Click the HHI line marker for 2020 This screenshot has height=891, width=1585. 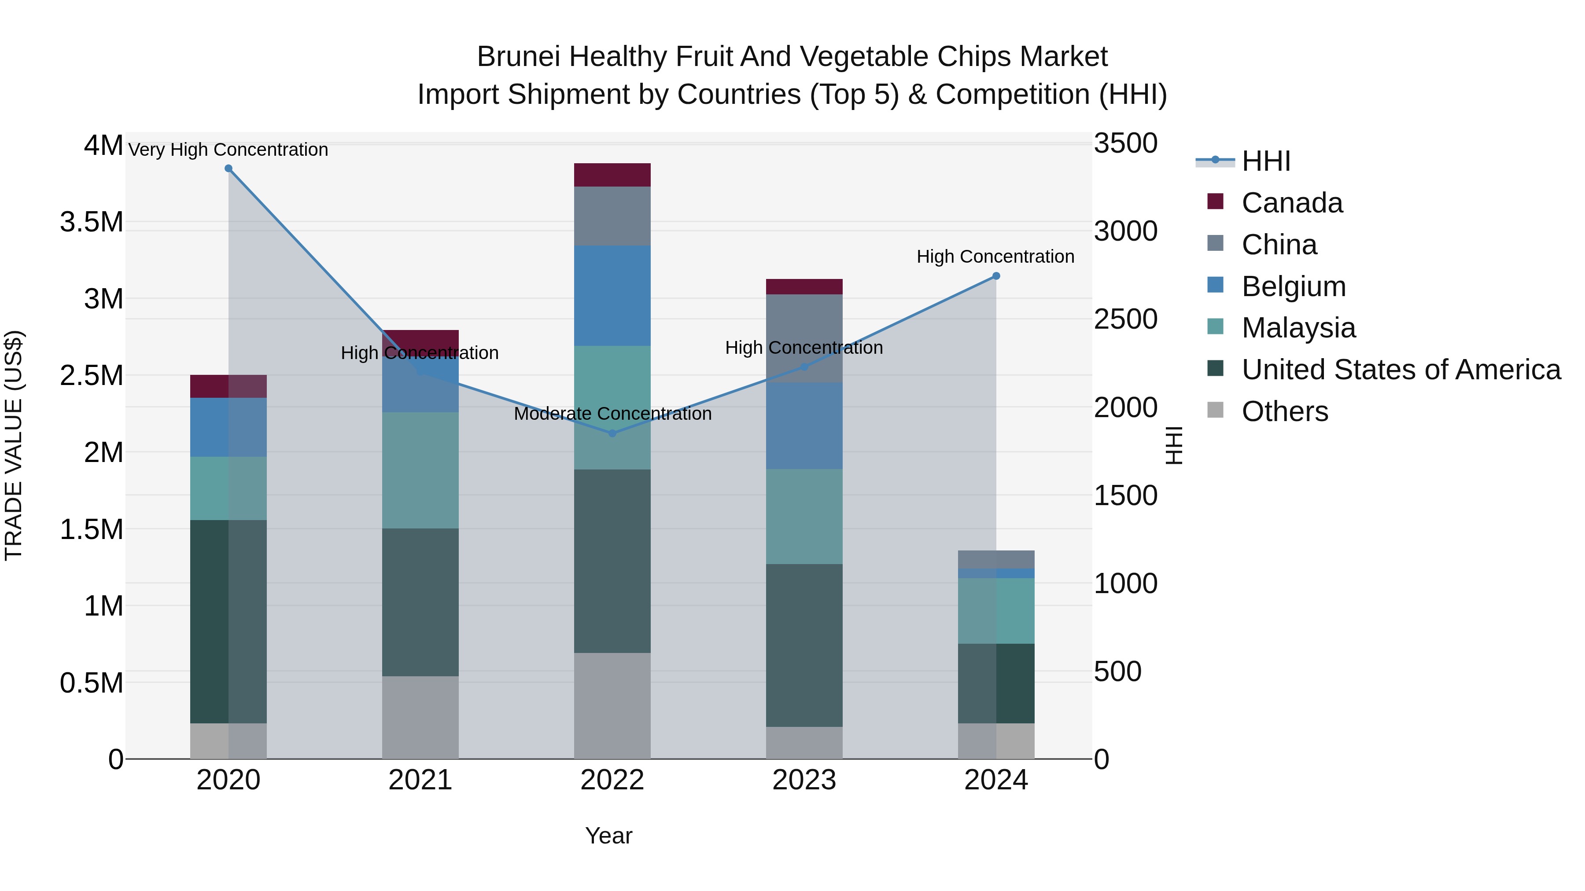pos(228,169)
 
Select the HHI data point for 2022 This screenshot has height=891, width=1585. pos(612,433)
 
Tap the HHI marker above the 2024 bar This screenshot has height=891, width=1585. pos(996,276)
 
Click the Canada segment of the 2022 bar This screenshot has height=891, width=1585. pos(612,175)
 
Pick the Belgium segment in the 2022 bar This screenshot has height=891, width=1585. pos(612,295)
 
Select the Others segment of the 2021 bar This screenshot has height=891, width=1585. pos(420,717)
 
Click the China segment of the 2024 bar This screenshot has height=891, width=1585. pos(996,560)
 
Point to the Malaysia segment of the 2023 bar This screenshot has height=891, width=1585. pos(804,517)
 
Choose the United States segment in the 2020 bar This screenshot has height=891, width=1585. pos(228,621)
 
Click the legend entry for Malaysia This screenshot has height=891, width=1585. pos(1298,328)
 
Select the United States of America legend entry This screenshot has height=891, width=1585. pos(1401,370)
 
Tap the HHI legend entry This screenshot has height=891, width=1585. pos(1266,161)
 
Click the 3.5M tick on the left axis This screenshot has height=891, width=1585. pos(92,222)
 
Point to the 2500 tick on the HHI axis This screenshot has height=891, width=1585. pos(1125,319)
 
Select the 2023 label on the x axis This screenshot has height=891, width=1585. pos(804,780)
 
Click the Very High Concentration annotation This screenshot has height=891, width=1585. pos(228,150)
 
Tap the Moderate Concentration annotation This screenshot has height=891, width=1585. pos(612,414)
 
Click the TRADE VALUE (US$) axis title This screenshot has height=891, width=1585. pos(14,445)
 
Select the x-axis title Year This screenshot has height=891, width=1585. pos(608,836)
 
